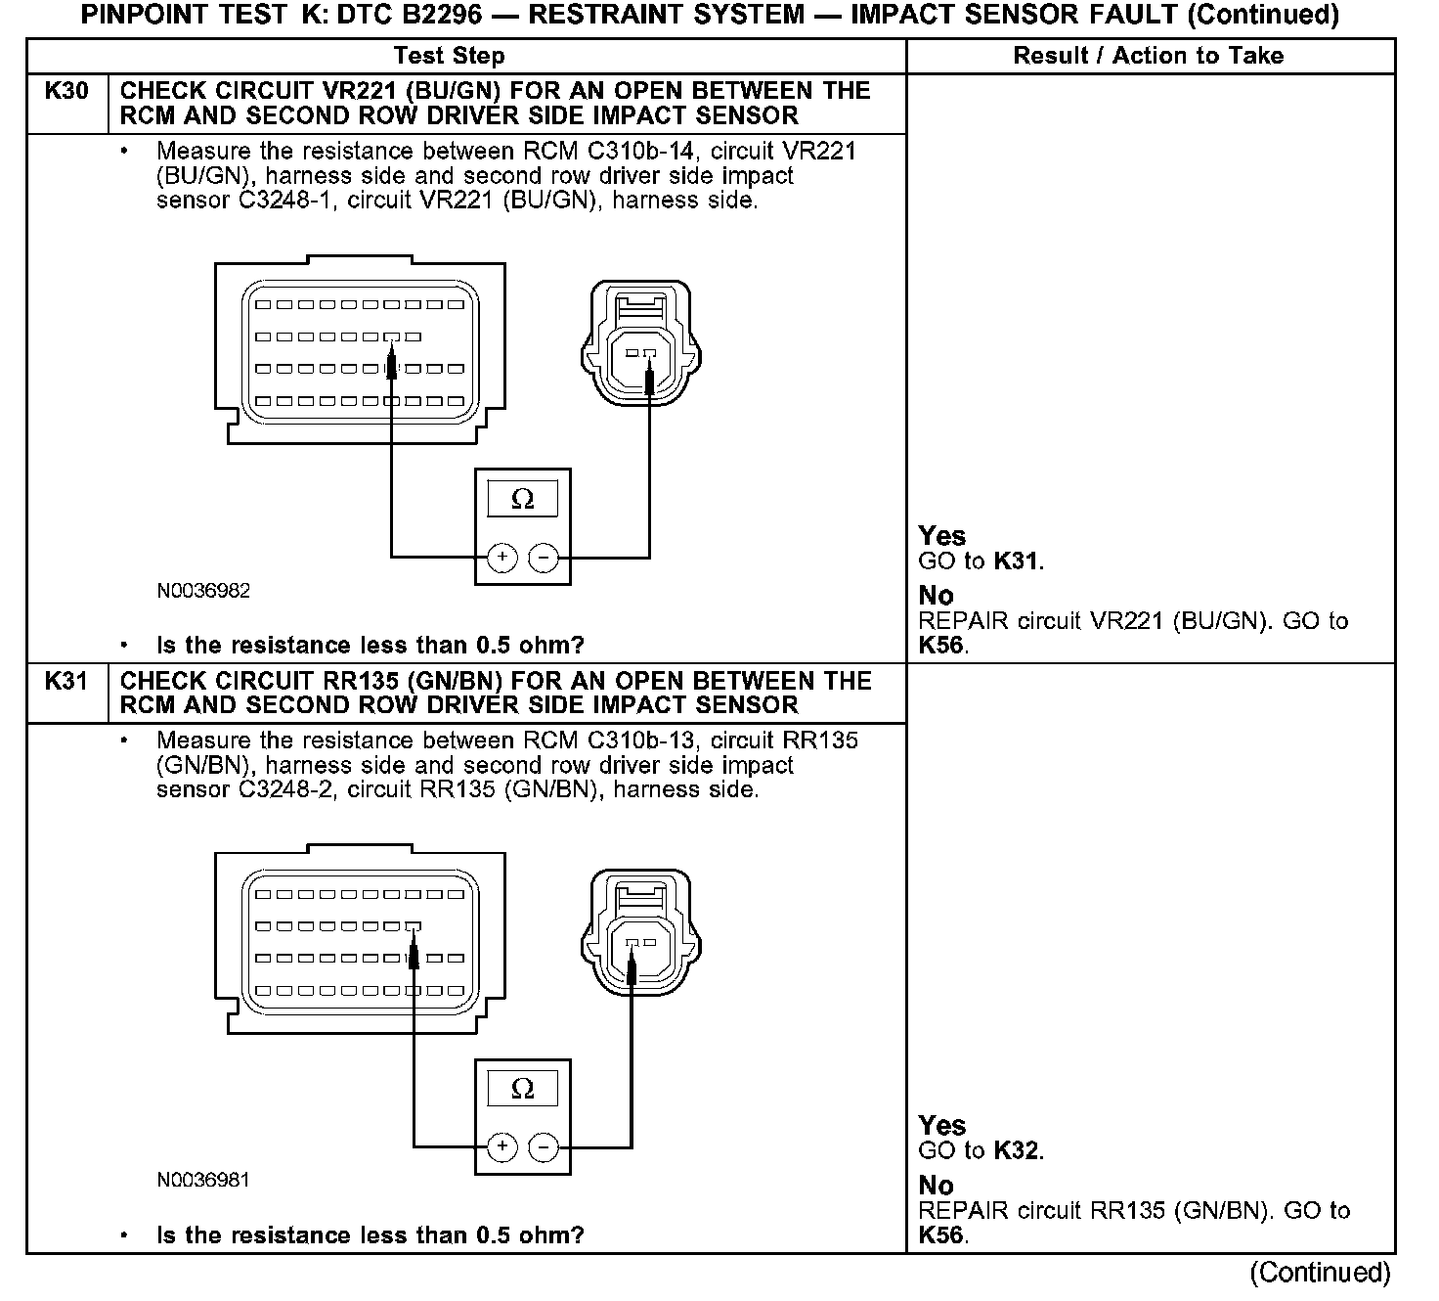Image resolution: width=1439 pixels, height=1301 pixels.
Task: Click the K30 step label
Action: pyautogui.click(x=66, y=91)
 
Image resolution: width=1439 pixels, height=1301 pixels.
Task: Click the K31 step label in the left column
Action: pyautogui.click(x=66, y=681)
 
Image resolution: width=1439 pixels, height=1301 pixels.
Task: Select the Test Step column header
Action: pyautogui.click(x=450, y=56)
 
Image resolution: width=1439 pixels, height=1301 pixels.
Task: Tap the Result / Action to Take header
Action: pyautogui.click(x=1148, y=56)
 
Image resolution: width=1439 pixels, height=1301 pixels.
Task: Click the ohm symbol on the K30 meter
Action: pyautogui.click(x=523, y=500)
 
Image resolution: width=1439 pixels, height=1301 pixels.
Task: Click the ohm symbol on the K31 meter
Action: pyautogui.click(x=523, y=1089)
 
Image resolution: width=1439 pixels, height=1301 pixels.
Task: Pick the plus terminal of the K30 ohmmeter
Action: pyautogui.click(x=501, y=558)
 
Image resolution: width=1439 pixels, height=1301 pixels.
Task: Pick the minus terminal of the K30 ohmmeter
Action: pyautogui.click(x=544, y=558)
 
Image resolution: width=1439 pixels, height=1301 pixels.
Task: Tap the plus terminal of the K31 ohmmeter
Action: pyautogui.click(x=501, y=1146)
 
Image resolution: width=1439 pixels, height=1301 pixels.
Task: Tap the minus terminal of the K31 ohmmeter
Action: pyautogui.click(x=544, y=1146)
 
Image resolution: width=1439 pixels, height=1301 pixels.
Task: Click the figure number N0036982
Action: pyautogui.click(x=203, y=591)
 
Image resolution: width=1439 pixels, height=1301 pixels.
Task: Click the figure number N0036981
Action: pyautogui.click(x=203, y=1180)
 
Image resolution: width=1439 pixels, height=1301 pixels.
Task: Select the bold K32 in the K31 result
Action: pyautogui.click(x=1017, y=1150)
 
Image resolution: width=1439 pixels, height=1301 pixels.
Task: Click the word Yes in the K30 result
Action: pyautogui.click(x=942, y=536)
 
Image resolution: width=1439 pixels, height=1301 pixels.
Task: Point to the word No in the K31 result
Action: pyautogui.click(x=936, y=1186)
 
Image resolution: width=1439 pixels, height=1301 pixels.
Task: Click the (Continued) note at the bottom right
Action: pyautogui.click(x=1320, y=1272)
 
